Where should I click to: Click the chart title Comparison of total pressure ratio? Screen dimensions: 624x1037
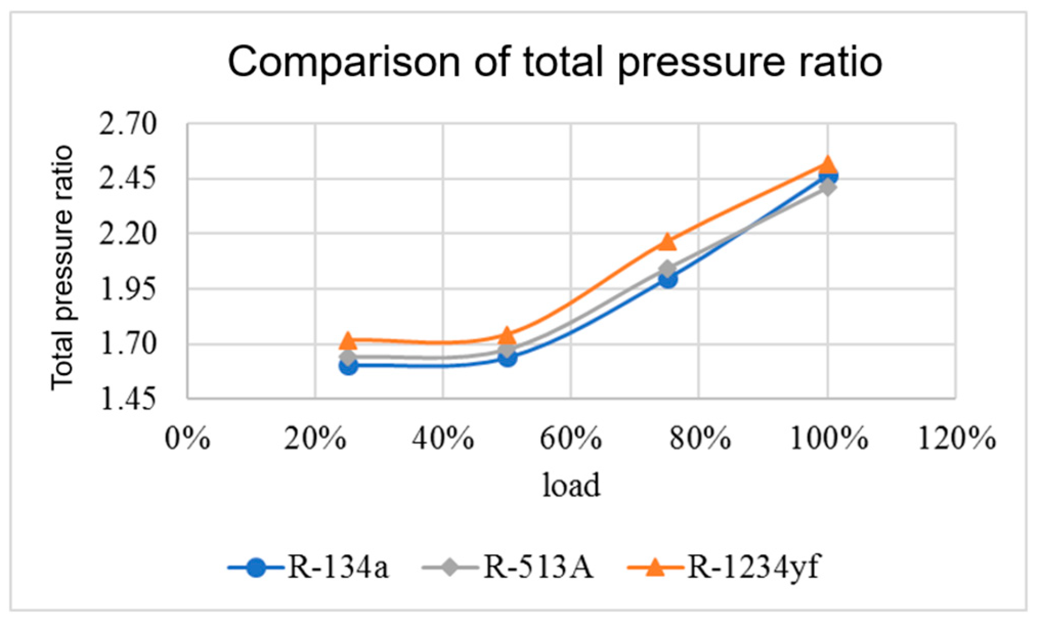coord(555,62)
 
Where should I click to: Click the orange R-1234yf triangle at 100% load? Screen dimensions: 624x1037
coord(827,165)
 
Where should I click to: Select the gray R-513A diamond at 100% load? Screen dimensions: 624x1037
coord(827,187)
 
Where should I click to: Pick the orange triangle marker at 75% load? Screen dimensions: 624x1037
coord(667,242)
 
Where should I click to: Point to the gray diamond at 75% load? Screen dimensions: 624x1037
coord(667,269)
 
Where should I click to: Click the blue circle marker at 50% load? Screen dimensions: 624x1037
coord(508,357)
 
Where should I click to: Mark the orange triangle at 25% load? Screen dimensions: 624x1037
coord(348,340)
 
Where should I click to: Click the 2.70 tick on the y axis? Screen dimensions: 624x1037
coord(127,124)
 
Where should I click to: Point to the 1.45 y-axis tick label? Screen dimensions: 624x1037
coord(127,400)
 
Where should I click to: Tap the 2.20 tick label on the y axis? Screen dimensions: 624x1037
coord(127,234)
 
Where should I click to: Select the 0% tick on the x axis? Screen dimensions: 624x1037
coord(187,439)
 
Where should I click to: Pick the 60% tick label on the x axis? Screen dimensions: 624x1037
coord(571,439)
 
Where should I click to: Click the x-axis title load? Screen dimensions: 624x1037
coord(571,485)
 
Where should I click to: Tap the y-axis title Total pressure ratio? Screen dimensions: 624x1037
coord(62,267)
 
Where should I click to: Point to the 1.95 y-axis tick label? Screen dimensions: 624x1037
coord(127,290)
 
